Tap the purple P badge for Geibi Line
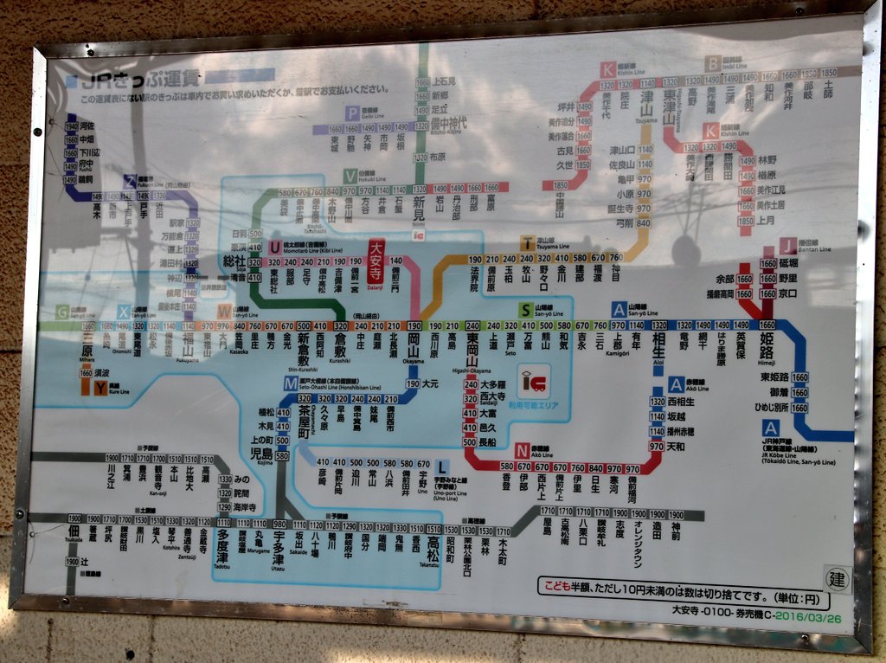[x=351, y=113]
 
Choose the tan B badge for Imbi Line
[x=712, y=62]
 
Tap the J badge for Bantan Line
[x=787, y=246]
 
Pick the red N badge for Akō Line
[x=522, y=451]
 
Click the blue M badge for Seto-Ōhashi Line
[x=290, y=383]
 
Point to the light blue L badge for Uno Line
[x=442, y=466]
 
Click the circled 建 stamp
[x=836, y=578]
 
